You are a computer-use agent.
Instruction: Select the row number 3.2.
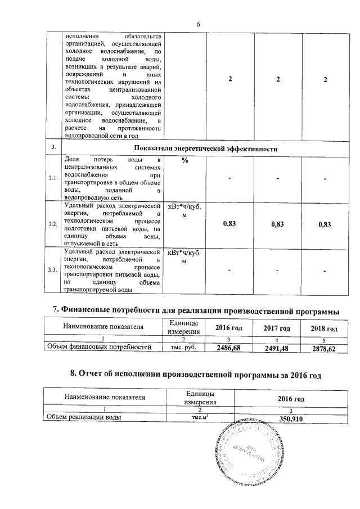point(53,224)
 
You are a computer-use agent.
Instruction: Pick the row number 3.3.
point(53,271)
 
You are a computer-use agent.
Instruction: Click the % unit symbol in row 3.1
point(185,161)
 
